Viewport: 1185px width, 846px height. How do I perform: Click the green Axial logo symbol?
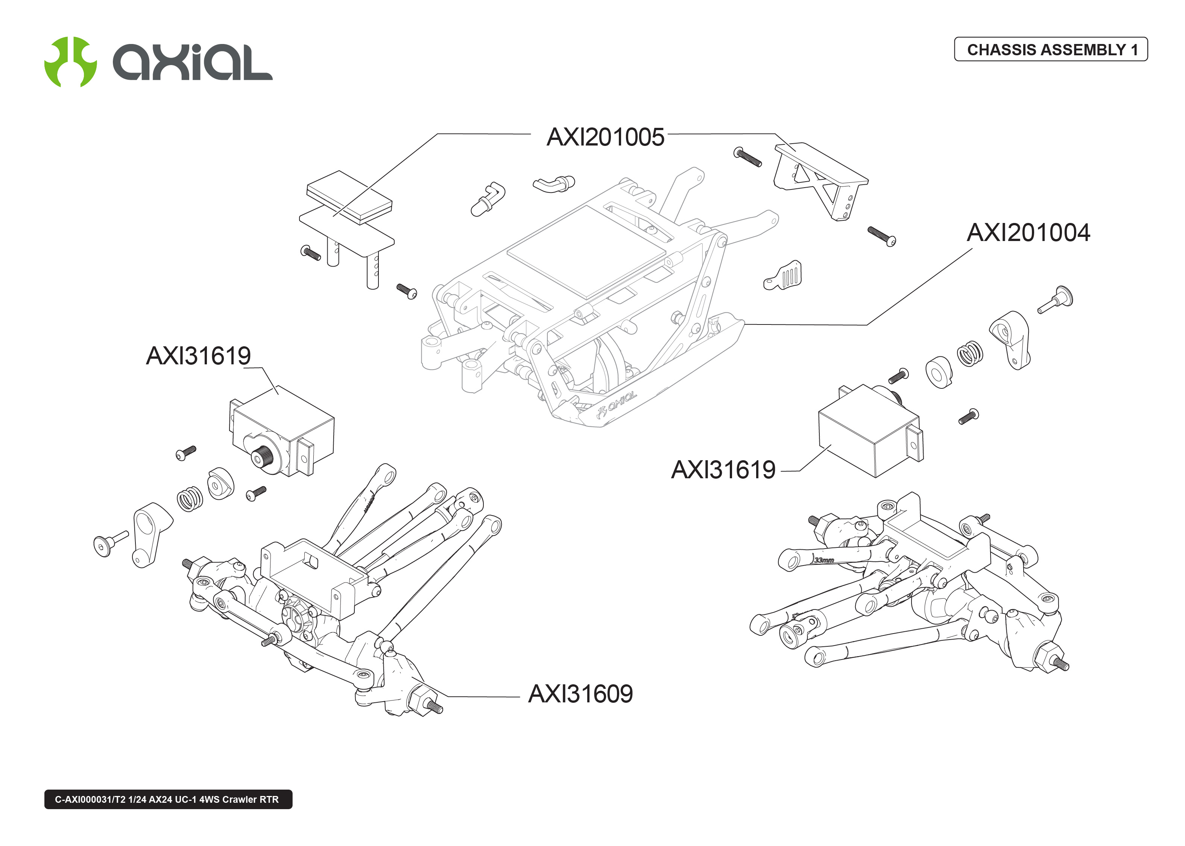click(x=70, y=61)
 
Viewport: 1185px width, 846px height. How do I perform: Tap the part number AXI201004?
click(x=1028, y=233)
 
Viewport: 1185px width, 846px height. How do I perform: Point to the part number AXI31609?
click(x=580, y=694)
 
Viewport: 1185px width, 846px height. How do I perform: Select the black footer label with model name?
click(x=168, y=799)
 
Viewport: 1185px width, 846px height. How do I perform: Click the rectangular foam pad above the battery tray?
click(x=349, y=197)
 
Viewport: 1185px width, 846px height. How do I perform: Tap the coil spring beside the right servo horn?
click(x=970, y=354)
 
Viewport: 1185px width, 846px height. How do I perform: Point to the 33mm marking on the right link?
click(x=824, y=560)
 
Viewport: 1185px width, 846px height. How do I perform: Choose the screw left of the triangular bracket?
click(x=747, y=156)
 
